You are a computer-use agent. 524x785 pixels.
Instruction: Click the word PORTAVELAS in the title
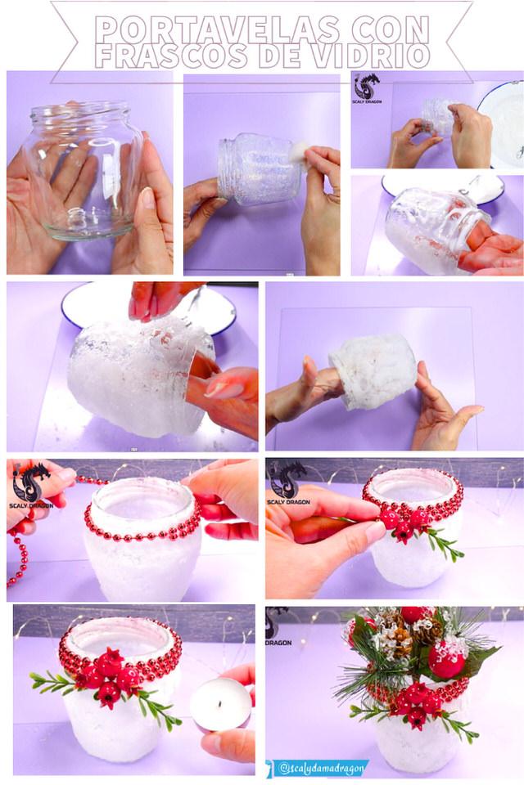(x=217, y=29)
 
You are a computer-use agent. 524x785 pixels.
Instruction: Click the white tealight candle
(x=220, y=704)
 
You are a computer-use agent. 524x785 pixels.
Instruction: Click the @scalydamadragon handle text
(x=320, y=768)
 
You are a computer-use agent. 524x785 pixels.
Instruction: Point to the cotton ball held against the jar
(x=299, y=151)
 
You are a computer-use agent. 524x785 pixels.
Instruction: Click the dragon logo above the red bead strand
(x=31, y=483)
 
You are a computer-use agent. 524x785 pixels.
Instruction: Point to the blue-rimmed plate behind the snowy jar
(x=151, y=308)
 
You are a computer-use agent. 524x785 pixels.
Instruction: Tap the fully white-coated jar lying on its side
(x=373, y=371)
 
